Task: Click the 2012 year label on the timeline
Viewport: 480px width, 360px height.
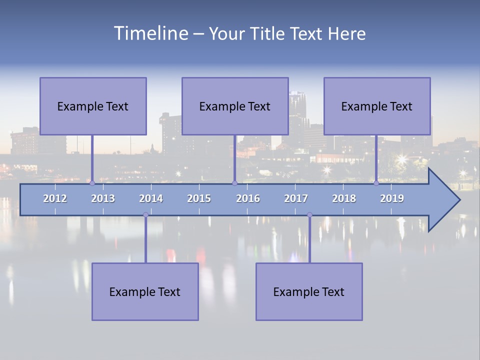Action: (x=55, y=198)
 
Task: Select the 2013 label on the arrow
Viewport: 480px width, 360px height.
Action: (x=103, y=198)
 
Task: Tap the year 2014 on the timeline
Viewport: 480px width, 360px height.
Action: (x=151, y=198)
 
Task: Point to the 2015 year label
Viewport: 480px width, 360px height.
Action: (x=199, y=198)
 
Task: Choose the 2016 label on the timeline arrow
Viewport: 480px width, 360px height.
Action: (x=248, y=198)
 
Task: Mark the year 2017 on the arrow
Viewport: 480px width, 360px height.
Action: (x=296, y=198)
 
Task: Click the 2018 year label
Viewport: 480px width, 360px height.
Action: (x=344, y=198)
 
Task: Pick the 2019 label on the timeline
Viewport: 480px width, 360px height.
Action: (x=392, y=198)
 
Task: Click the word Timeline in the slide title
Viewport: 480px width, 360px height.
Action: (x=150, y=33)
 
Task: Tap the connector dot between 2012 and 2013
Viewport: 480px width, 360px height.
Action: (x=92, y=183)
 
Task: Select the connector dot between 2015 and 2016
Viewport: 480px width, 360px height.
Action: (x=234, y=183)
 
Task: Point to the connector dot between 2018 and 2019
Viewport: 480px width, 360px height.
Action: (x=376, y=183)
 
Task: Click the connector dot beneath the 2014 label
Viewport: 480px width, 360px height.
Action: (x=145, y=214)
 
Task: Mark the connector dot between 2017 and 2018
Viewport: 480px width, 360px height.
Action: (x=309, y=214)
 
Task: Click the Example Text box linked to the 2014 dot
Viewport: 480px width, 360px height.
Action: (x=145, y=291)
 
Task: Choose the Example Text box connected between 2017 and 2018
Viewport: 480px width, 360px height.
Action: (x=309, y=291)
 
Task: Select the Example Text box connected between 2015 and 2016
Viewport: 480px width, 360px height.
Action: (x=235, y=106)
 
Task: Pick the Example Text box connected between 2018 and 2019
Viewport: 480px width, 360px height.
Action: (x=377, y=106)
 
